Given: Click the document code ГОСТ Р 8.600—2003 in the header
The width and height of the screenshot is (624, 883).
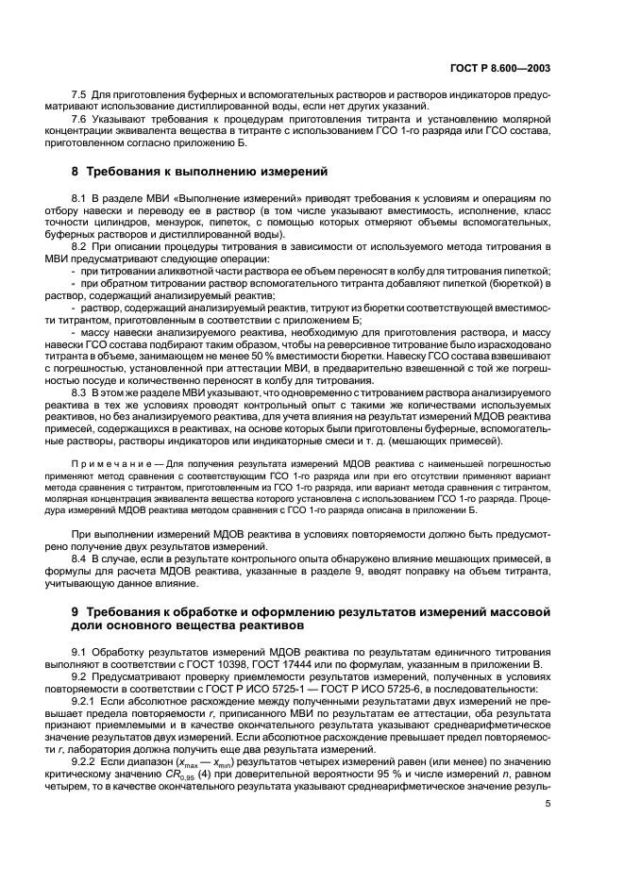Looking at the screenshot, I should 533,68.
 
